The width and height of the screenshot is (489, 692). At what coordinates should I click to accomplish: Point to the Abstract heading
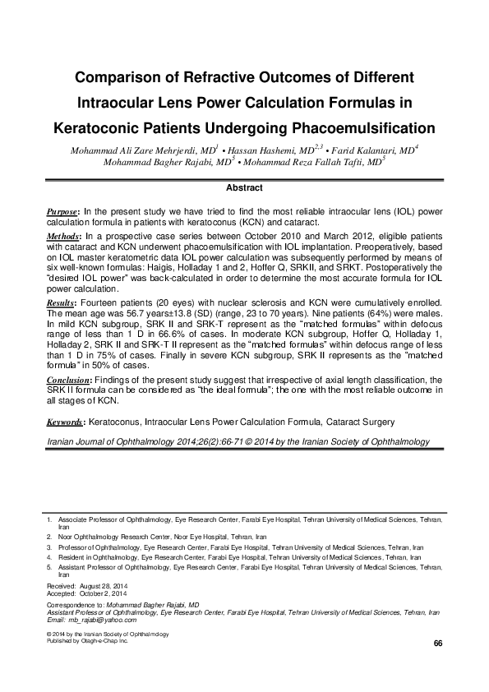point(243,187)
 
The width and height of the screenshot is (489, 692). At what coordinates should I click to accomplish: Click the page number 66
point(437,642)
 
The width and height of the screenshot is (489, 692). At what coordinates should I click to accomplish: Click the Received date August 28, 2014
point(105,584)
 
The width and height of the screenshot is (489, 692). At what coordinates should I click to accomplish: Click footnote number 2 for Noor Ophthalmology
point(50,535)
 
